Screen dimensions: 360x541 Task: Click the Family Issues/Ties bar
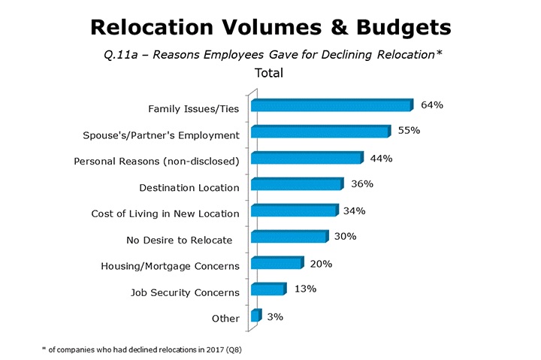pyautogui.click(x=331, y=105)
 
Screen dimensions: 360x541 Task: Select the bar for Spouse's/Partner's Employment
pyautogui.click(x=320, y=132)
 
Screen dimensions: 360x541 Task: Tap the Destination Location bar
pyautogui.click(x=296, y=185)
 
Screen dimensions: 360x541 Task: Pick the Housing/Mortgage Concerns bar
pyautogui.click(x=276, y=264)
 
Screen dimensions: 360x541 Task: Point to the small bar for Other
pyautogui.click(x=255, y=316)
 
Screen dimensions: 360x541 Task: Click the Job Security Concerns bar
pyautogui.click(x=268, y=290)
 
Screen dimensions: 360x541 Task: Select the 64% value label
pyautogui.click(x=431, y=105)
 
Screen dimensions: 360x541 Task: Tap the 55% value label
pyautogui.click(x=409, y=132)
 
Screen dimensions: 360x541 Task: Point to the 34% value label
pyautogui.click(x=353, y=210)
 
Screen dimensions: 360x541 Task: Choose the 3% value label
pyautogui.click(x=275, y=316)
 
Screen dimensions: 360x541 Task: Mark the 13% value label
pyautogui.click(x=304, y=289)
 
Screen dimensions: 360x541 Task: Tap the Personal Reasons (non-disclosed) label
pyautogui.click(x=156, y=161)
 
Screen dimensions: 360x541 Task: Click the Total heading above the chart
pyautogui.click(x=269, y=73)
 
